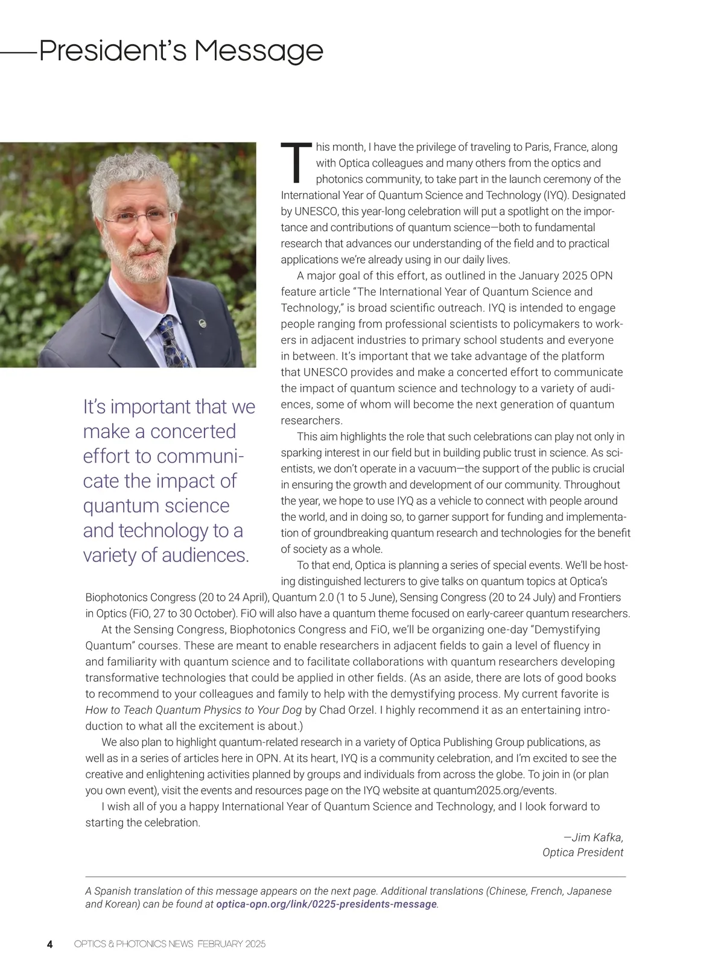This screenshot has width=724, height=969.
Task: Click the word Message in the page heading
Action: (x=258, y=51)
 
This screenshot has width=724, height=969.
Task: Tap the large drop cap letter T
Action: (x=296, y=163)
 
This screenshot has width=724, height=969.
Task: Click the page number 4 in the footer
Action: (x=50, y=944)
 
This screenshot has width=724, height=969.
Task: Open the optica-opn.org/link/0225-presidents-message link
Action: (x=326, y=904)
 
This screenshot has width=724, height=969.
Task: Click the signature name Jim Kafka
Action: (x=597, y=837)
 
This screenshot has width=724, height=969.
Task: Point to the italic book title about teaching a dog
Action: (x=194, y=710)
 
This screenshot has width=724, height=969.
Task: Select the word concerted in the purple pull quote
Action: (x=193, y=431)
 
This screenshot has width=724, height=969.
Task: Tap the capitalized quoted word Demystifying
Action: (x=561, y=630)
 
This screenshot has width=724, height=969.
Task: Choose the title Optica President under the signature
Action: (x=583, y=853)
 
